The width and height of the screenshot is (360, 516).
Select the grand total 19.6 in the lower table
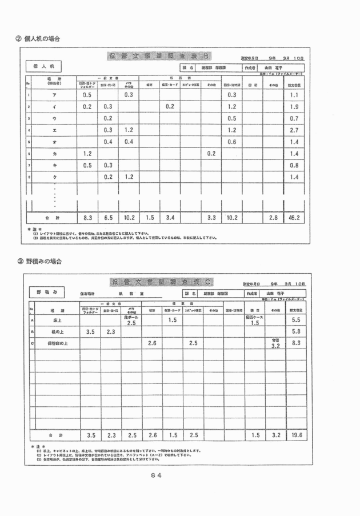pos(296,435)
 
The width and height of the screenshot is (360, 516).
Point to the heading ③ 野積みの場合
pos(39,261)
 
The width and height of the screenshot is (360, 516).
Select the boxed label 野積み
pos(46,291)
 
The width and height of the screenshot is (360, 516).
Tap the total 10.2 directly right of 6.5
pos(129,218)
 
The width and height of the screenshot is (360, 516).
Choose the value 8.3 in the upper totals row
pos(87,218)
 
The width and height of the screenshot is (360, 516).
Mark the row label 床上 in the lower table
pos(57,321)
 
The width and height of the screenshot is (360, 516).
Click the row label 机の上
pos(57,331)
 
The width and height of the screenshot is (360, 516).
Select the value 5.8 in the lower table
pos(296,331)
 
